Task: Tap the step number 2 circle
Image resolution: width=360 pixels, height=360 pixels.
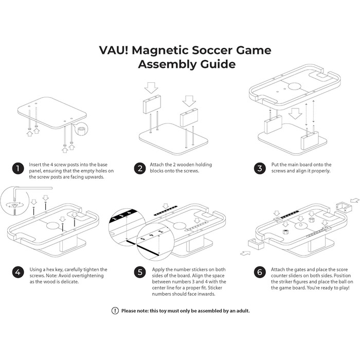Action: coord(139,168)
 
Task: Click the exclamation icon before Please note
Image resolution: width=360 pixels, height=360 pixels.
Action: coord(115,311)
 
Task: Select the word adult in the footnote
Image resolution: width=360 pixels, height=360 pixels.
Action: coord(239,311)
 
